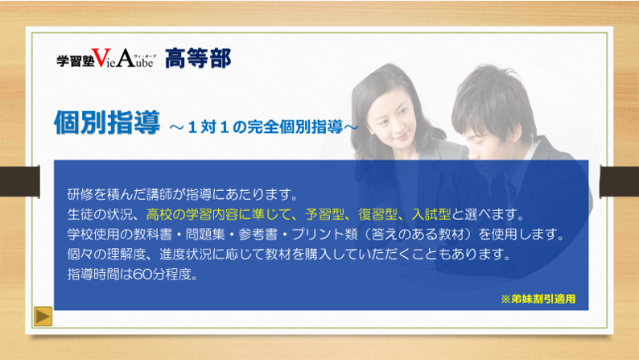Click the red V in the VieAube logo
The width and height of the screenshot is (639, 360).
[x=101, y=58]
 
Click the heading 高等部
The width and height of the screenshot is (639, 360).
[x=198, y=58]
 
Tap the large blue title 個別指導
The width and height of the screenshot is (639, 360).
[x=107, y=122]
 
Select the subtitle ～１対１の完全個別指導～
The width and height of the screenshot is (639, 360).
[x=264, y=127]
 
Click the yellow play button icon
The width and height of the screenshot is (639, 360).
[x=43, y=316]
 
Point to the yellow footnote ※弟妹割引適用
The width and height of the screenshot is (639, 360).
[x=538, y=299]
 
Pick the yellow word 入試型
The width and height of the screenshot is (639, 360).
[x=431, y=214]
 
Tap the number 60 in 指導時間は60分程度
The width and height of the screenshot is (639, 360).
[x=142, y=275]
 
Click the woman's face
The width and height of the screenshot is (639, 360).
[x=392, y=121]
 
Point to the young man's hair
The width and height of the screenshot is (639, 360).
[x=491, y=97]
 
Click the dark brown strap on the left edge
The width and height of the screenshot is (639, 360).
[x=19, y=181]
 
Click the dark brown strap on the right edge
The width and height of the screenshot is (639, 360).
[x=620, y=181]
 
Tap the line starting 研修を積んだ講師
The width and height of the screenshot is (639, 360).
[x=183, y=194]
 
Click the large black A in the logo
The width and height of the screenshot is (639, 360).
[x=126, y=58]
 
